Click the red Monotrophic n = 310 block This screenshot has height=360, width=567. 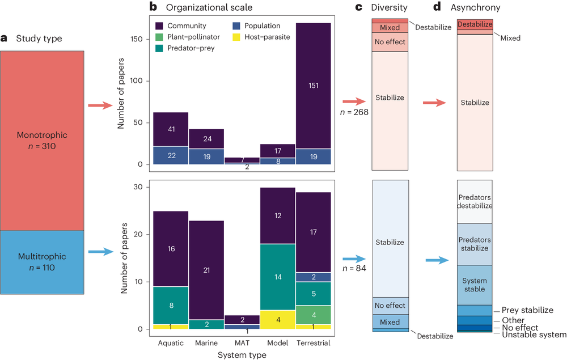point(43,140)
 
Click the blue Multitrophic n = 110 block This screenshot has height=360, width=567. point(43,264)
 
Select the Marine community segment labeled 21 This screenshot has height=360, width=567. point(205,270)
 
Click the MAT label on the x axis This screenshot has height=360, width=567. point(242,344)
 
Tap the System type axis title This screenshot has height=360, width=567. point(242,355)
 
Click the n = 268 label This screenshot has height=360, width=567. point(354,112)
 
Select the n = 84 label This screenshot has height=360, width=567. point(355,268)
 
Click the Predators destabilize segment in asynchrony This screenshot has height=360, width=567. point(475,202)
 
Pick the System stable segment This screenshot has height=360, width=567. point(475,285)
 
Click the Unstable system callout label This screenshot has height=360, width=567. point(534,335)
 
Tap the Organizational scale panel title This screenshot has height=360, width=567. point(208,7)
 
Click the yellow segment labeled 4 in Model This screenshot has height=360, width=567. point(277,319)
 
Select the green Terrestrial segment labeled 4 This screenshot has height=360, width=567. point(313,315)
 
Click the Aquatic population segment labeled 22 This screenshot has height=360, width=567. point(170,155)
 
